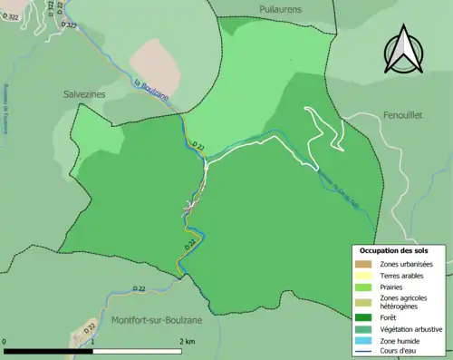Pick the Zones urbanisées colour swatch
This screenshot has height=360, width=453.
(x=363, y=263)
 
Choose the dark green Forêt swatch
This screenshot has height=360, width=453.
(x=363, y=316)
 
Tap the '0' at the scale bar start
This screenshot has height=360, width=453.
(x=6, y=341)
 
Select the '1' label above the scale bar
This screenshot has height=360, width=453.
(x=95, y=341)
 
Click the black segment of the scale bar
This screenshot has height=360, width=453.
(x=50, y=350)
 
